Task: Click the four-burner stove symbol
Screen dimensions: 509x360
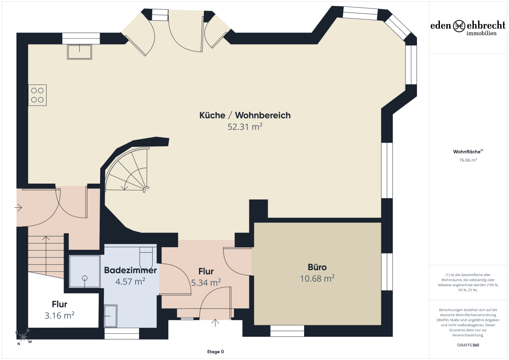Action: pos(37,95)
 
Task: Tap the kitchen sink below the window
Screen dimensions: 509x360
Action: pos(80,52)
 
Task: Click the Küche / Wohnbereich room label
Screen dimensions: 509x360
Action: pos(245,115)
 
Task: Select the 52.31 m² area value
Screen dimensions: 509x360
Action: pos(245,127)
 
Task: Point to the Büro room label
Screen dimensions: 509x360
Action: pos(317,267)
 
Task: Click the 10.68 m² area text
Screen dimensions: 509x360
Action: pos(317,279)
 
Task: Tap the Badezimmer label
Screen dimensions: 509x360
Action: pos(131,270)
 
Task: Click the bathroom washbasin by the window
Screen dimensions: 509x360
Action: pos(111,316)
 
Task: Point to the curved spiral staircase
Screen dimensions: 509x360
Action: pos(127,170)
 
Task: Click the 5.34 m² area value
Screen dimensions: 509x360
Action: pos(206,283)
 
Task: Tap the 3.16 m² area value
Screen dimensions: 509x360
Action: pos(59,315)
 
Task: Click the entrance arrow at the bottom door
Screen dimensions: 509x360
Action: pos(215,323)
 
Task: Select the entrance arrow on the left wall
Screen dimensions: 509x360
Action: pos(18,207)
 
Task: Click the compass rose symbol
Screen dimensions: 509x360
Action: pos(23,337)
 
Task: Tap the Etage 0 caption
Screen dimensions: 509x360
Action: pos(215,352)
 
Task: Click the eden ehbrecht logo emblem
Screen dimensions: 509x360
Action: pos(459,26)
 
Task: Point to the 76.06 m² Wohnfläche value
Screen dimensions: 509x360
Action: pos(468,160)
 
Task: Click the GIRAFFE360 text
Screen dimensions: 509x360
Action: pos(468,345)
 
